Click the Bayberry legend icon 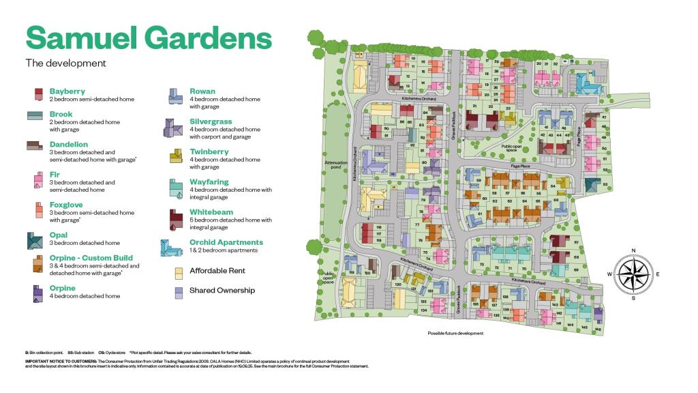[x=39, y=94]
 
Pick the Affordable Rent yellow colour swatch [x=179, y=272]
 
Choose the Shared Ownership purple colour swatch [x=179, y=291]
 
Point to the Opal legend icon [x=35, y=240]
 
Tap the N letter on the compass [x=633, y=250]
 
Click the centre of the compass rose [x=633, y=274]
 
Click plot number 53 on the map [x=605, y=185]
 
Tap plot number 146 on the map [x=598, y=329]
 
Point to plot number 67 [x=577, y=242]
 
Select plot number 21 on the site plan [x=474, y=106]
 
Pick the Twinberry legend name [x=209, y=151]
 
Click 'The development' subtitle [x=65, y=63]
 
